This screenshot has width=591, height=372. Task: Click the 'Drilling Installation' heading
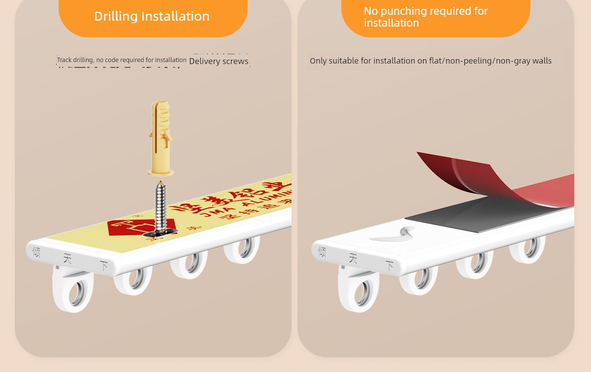tap(152, 16)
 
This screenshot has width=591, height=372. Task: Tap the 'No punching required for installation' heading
tap(426, 17)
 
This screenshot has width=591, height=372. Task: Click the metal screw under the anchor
tap(161, 207)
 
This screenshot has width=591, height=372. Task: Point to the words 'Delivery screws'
tap(219, 62)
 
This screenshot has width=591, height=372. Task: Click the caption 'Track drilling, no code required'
tap(122, 60)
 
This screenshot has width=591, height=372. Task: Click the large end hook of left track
tap(73, 291)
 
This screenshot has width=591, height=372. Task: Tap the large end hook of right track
tap(359, 291)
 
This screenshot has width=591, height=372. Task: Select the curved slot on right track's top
tap(394, 235)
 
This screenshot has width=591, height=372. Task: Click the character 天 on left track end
tap(67, 259)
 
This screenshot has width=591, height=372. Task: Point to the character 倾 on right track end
tap(322, 252)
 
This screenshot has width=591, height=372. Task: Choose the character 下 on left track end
tap(103, 266)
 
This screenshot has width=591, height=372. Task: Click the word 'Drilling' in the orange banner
tap(116, 16)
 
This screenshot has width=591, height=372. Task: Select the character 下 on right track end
tap(389, 266)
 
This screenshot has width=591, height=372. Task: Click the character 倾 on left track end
tap(36, 252)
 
